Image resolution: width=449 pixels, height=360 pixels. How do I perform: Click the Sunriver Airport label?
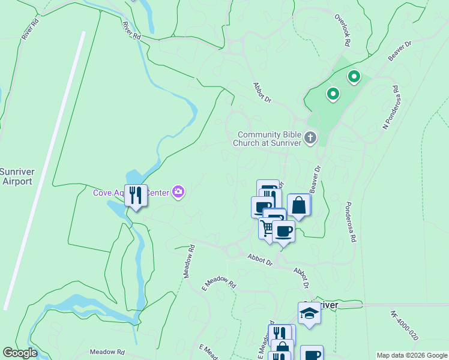(17, 176)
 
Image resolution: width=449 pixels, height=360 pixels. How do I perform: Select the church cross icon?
(310, 138)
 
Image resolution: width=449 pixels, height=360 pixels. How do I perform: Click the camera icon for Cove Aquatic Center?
(178, 192)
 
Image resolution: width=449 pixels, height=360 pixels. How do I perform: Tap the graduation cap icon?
(309, 313)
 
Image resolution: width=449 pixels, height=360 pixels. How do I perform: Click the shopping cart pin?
(268, 228)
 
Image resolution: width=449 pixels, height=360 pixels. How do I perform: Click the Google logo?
(20, 353)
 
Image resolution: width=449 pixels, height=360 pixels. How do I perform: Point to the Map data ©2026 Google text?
(412, 355)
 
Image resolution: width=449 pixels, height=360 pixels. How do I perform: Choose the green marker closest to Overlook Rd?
(354, 77)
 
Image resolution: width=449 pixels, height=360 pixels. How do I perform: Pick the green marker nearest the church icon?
(332, 94)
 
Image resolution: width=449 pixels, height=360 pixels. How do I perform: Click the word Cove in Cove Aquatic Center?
(103, 193)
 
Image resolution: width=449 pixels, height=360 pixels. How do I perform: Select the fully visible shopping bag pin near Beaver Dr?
(298, 206)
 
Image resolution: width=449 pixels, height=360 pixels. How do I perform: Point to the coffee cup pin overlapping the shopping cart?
(283, 230)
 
